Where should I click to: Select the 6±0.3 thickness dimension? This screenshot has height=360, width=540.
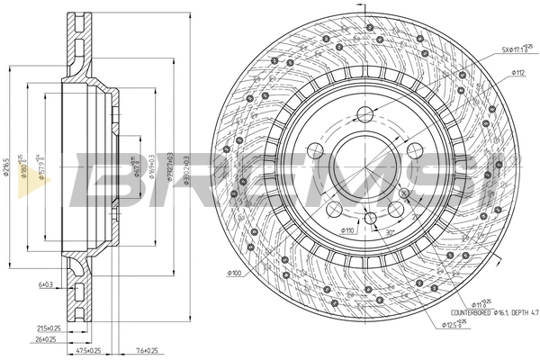46,284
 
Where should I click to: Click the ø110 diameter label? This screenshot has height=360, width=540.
347,231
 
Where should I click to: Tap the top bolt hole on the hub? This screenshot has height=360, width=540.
364,114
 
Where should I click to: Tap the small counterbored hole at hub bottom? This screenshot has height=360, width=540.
369,217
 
